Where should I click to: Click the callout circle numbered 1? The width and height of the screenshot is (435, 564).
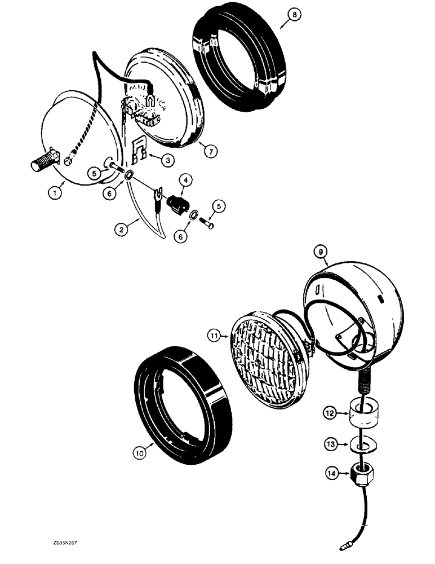[x=55, y=192]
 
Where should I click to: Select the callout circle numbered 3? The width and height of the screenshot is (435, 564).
[x=166, y=160]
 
